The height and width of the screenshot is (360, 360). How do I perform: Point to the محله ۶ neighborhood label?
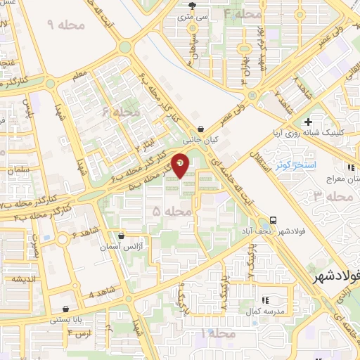coord(116,112)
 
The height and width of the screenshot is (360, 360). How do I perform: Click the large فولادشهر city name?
coord(335,275)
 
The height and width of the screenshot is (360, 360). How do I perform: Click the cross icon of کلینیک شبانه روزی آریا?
coord(328,122)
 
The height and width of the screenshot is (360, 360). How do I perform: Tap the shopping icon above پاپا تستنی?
coord(65,309)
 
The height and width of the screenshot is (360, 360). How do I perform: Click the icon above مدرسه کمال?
coord(265,301)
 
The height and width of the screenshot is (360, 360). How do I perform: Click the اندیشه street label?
coord(23,278)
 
